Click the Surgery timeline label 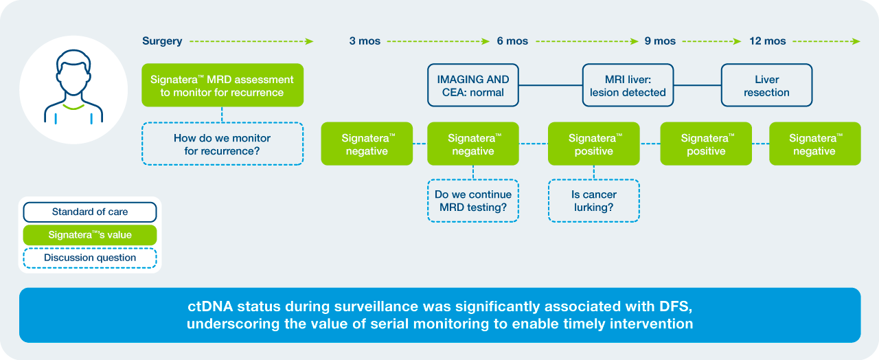click(x=162, y=41)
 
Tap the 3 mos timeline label click(x=365, y=41)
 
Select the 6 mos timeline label click(x=512, y=41)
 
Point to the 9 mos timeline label click(x=660, y=41)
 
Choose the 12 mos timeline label click(x=767, y=41)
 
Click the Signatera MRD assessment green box click(x=222, y=85)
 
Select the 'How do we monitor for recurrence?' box click(x=222, y=144)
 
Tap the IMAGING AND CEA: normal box click(x=473, y=85)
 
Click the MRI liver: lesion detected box click(x=628, y=85)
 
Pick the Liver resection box click(x=767, y=85)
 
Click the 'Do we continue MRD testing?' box click(x=473, y=201)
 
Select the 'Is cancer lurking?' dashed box click(x=594, y=201)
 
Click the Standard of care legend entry click(x=90, y=212)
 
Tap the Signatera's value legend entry click(x=90, y=235)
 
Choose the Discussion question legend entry click(x=90, y=258)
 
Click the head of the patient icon click(x=73, y=72)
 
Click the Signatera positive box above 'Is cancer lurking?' click(x=594, y=144)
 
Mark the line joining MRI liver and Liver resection click(x=697, y=85)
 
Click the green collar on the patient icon click(x=73, y=106)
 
